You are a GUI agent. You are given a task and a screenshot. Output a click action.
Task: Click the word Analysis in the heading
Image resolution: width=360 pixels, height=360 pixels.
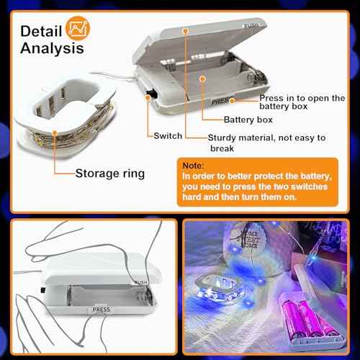click(52, 48)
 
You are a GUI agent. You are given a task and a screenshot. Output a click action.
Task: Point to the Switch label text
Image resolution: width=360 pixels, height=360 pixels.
click(168, 135)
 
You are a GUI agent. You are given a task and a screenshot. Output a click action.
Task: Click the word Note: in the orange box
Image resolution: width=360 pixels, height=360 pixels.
click(194, 164)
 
